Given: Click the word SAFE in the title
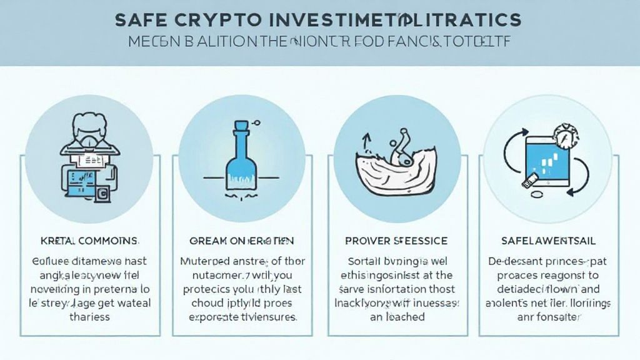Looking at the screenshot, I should [140, 19].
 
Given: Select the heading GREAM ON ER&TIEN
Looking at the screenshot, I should [241, 241].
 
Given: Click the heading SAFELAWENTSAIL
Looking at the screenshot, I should [547, 241].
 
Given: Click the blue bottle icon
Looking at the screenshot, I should [241, 159].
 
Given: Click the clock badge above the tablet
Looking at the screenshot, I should [565, 136].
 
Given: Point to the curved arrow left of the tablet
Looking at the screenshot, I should [513, 150].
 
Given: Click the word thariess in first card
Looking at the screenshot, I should [88, 317].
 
